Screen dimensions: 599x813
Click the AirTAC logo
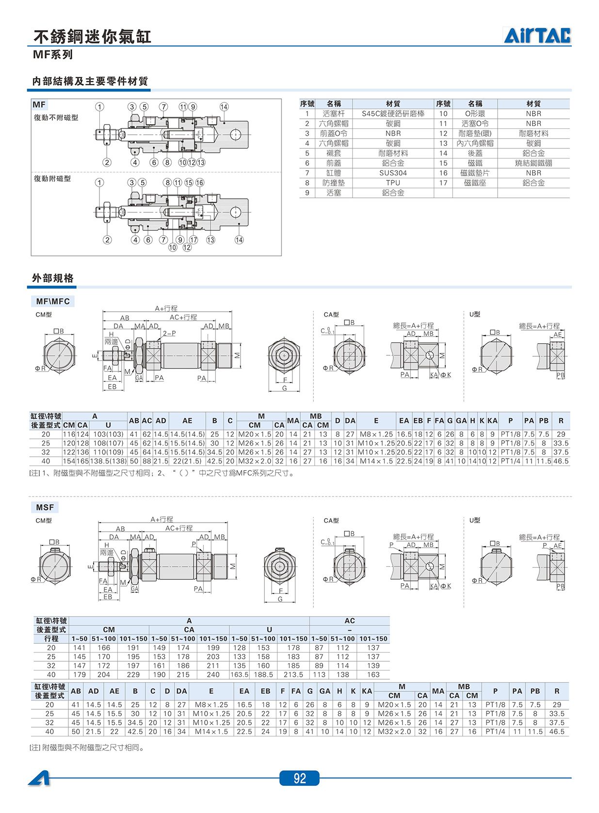click(x=537, y=35)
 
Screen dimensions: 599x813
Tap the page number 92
click(x=300, y=778)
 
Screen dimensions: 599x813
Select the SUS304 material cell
click(x=393, y=173)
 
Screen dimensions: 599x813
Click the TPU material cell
click(x=393, y=183)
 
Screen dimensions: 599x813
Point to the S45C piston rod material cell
click(x=393, y=113)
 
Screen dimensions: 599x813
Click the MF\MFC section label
click(x=53, y=301)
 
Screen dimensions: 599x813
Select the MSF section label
click(x=45, y=508)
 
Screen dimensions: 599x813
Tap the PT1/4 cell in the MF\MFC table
click(x=510, y=462)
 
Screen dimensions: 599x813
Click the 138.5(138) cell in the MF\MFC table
click(x=108, y=462)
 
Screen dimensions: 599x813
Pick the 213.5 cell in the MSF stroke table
click(x=293, y=675)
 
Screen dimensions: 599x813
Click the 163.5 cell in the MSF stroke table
click(x=239, y=675)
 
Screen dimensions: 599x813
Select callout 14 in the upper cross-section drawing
click(x=224, y=107)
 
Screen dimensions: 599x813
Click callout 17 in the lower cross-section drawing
click(x=194, y=240)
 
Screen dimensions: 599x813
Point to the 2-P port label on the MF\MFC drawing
click(x=169, y=333)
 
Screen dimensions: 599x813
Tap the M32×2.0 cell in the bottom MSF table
click(x=394, y=732)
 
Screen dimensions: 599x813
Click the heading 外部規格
click(x=53, y=278)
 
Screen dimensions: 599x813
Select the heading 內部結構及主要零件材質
click(x=90, y=81)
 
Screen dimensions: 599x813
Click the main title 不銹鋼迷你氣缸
click(x=92, y=37)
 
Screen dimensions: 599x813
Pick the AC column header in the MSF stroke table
click(x=350, y=621)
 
